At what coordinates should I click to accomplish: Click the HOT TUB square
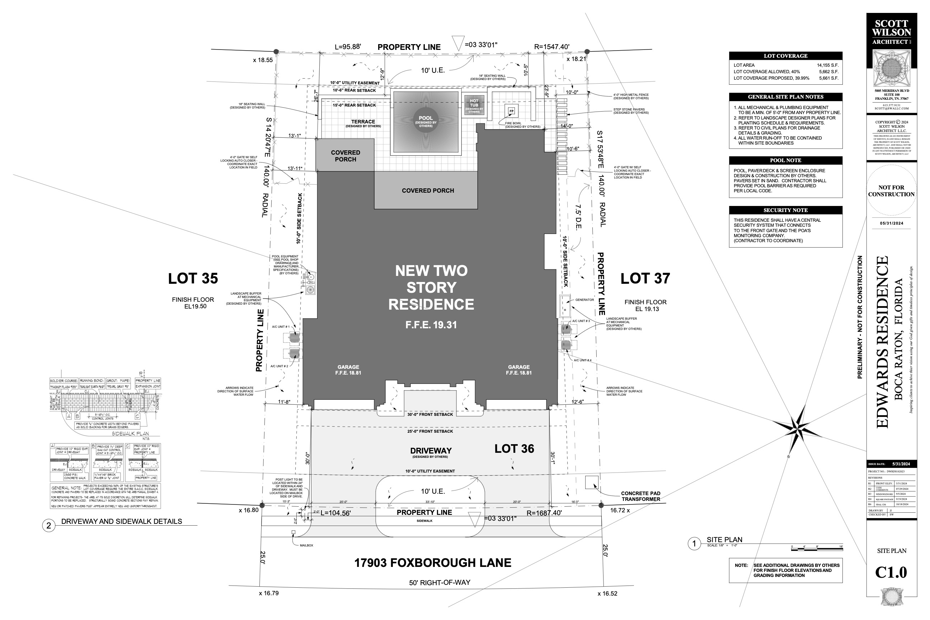(474, 105)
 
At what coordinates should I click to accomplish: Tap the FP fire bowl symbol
(511, 111)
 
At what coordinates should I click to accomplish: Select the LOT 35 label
(193, 278)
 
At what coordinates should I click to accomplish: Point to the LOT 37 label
(645, 278)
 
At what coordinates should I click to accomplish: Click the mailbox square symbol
(293, 532)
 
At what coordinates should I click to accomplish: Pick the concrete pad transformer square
(592, 482)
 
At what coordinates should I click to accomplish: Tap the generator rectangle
(565, 306)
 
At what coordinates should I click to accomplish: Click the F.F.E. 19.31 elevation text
(431, 325)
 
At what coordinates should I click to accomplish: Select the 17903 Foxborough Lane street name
(433, 563)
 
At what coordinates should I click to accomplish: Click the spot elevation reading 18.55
(263, 60)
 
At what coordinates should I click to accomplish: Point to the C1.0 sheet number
(891, 572)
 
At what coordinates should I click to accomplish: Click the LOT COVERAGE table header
(785, 56)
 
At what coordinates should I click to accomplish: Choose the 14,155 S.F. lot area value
(828, 65)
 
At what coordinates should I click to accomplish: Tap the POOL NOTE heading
(785, 160)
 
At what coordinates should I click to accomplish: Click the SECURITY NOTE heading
(785, 210)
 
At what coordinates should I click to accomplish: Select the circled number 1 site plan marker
(694, 544)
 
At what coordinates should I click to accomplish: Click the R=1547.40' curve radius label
(551, 47)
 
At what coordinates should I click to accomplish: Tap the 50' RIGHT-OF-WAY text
(439, 582)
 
